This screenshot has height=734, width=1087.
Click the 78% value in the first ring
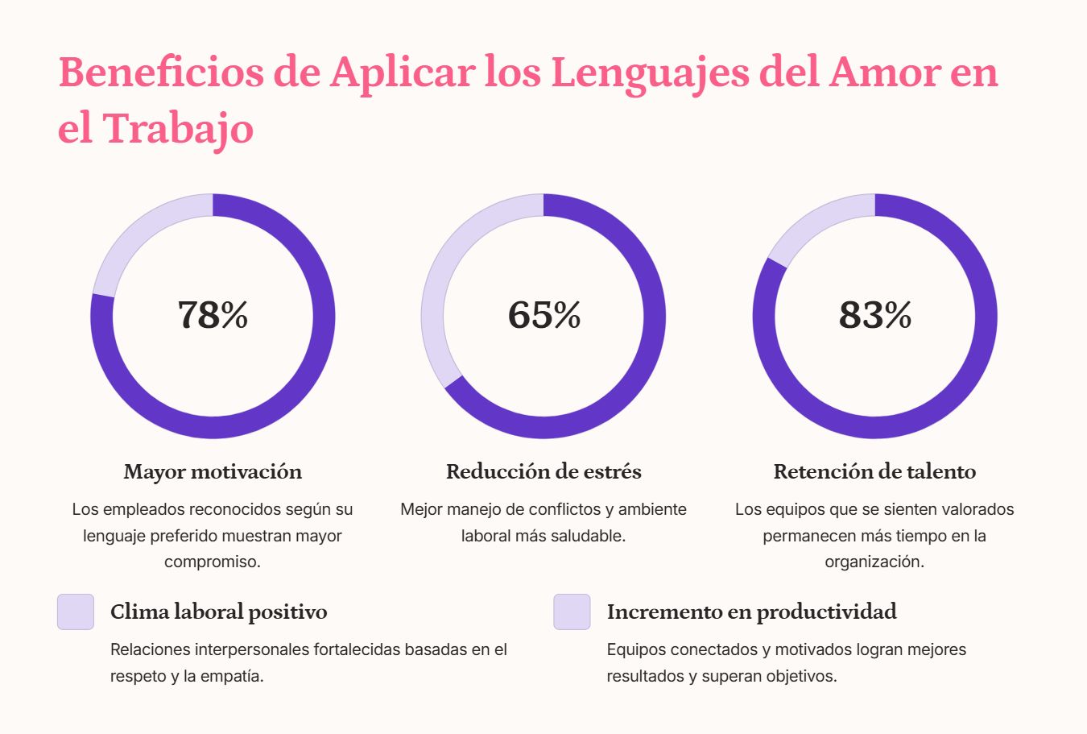click(x=213, y=315)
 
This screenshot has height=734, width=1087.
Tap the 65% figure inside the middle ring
click(x=544, y=315)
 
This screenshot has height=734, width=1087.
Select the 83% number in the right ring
click(x=875, y=315)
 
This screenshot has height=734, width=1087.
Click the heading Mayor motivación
click(x=213, y=472)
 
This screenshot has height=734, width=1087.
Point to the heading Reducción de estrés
click(x=543, y=472)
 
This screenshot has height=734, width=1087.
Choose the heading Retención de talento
click(x=874, y=472)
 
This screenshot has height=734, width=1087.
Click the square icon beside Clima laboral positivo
click(x=76, y=612)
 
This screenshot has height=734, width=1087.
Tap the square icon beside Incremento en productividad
click(x=572, y=612)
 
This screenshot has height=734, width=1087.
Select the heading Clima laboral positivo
click(x=218, y=612)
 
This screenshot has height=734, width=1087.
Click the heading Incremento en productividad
click(x=752, y=612)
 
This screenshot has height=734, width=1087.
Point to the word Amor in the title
click(x=885, y=73)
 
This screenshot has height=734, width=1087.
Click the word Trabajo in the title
click(x=178, y=129)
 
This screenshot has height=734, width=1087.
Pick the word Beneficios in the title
click(x=161, y=72)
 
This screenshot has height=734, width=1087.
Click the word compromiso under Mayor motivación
click(x=213, y=562)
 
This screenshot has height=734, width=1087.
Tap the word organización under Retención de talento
click(x=874, y=562)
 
